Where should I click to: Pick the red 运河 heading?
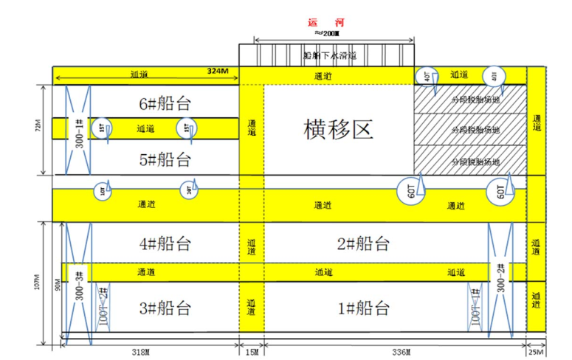click(x=325, y=21)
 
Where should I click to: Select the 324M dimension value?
click(x=218, y=72)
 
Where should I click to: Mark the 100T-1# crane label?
click(x=476, y=306)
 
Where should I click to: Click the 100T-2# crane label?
click(x=103, y=306)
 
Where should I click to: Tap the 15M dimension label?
click(x=252, y=353)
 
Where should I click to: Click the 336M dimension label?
click(x=390, y=353)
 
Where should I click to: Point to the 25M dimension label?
click(x=537, y=353)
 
